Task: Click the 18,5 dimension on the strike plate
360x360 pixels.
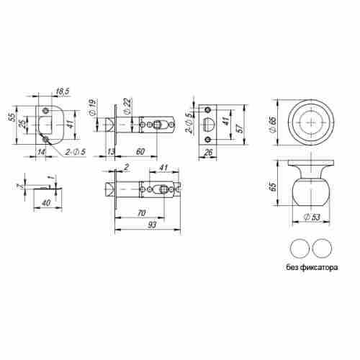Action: [62, 91]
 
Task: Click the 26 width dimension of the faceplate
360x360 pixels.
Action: [208, 153]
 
